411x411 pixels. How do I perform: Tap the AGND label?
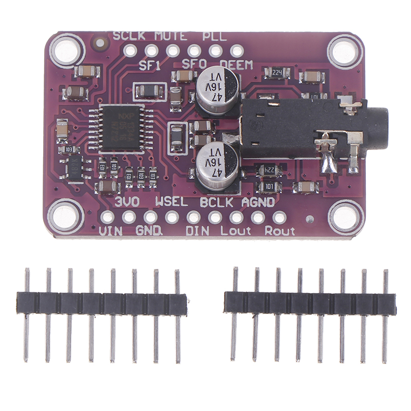[258, 202]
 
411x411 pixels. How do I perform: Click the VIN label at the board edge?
[112, 231]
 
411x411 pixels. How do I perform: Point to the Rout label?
[279, 231]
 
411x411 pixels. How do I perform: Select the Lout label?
[236, 231]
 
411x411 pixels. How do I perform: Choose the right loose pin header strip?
[310, 304]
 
